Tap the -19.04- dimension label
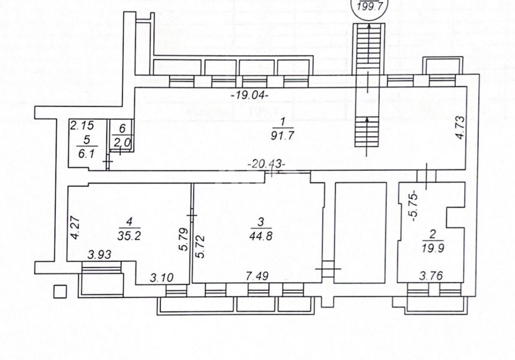click(250, 95)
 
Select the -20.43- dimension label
click(266, 163)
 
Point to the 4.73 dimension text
click(460, 127)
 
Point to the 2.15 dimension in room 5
click(81, 126)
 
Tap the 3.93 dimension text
click(100, 254)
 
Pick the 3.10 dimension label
click(162, 278)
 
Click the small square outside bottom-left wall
click(60, 291)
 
